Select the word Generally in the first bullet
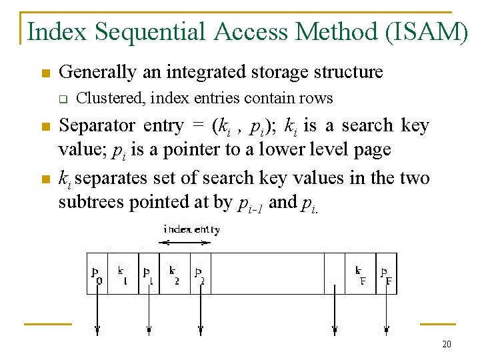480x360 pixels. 91,72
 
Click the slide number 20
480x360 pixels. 446,344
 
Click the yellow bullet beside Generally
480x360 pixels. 45,73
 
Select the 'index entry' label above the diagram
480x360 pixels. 191,230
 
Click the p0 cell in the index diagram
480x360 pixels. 97,273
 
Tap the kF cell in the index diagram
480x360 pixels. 360,273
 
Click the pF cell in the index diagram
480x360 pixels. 386,273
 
